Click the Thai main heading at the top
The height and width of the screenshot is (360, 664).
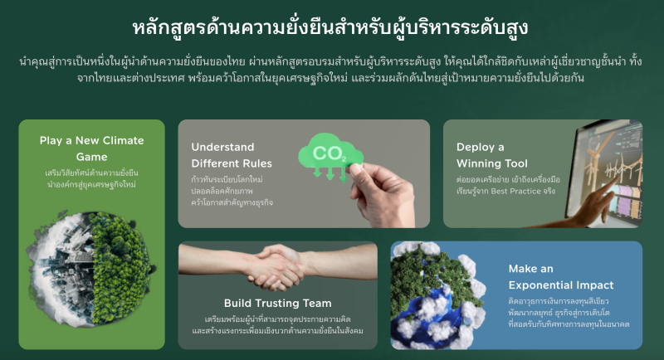[330, 28]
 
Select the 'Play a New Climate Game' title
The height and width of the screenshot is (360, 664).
[92, 148]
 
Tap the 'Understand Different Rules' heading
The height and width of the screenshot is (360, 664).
[232, 155]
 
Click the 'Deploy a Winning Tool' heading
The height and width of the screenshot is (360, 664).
[492, 155]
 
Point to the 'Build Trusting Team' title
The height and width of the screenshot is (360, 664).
[278, 304]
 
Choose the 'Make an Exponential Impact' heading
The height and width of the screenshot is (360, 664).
[561, 277]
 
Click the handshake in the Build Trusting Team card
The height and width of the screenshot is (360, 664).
[278, 267]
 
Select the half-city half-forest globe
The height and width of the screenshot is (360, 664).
[91, 269]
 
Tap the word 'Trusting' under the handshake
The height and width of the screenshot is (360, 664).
[277, 304]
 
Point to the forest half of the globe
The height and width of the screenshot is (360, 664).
[122, 269]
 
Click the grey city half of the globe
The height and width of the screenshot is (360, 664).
[59, 269]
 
